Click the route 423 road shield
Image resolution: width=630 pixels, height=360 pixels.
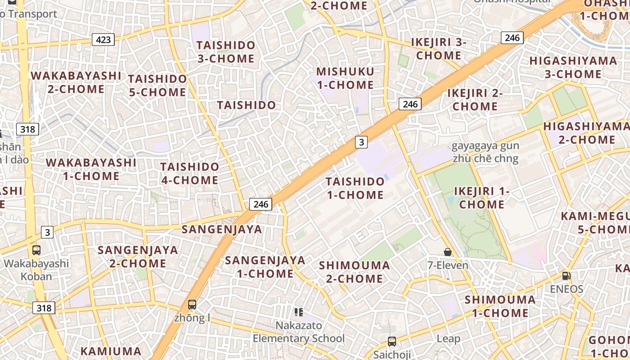103,40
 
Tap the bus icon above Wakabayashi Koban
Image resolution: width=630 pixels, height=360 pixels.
36,250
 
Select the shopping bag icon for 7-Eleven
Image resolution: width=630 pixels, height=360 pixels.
447,252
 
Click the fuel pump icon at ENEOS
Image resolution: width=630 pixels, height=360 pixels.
566,275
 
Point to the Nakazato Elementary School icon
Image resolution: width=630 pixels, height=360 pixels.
298,312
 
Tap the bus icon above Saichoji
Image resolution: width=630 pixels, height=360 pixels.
392,341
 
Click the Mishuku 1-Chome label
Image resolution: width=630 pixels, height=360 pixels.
345,78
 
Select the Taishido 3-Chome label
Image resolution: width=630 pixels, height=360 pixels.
226,52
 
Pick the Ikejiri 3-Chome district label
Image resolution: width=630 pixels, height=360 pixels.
439,49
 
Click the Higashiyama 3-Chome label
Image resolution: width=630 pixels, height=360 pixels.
573,67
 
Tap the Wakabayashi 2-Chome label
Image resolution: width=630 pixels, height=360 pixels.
76,82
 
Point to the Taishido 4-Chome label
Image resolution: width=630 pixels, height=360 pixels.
189,173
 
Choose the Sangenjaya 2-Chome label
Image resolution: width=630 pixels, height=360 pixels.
138,256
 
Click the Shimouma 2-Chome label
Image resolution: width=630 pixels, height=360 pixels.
354,272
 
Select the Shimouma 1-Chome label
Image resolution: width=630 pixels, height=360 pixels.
500,306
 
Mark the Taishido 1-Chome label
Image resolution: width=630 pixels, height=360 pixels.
355,188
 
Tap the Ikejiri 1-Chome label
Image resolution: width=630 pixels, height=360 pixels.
481,198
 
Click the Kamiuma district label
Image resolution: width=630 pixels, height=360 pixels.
111,351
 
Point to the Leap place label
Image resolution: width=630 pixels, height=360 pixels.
448,338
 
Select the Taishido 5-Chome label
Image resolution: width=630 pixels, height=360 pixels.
157,85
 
